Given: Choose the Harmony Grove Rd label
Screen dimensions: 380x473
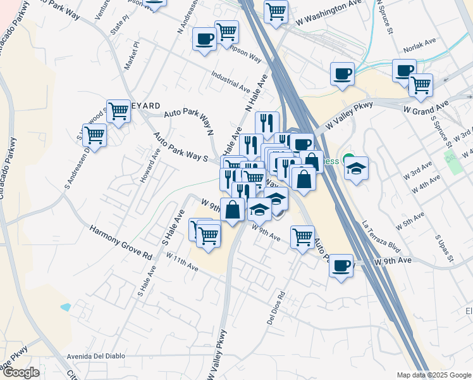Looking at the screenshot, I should pos(121,243).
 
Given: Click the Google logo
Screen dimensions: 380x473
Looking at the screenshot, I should pos(21,372).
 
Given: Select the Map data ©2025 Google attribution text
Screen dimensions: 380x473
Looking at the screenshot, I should pos(433,375).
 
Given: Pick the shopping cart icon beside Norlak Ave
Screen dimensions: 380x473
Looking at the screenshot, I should pos(421,85).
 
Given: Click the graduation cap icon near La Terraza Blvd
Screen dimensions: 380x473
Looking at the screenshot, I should pos(357,168).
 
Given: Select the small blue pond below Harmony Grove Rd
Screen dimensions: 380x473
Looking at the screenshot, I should pos(66,308).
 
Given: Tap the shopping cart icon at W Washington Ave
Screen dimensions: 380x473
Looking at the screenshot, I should pos(276,11).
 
